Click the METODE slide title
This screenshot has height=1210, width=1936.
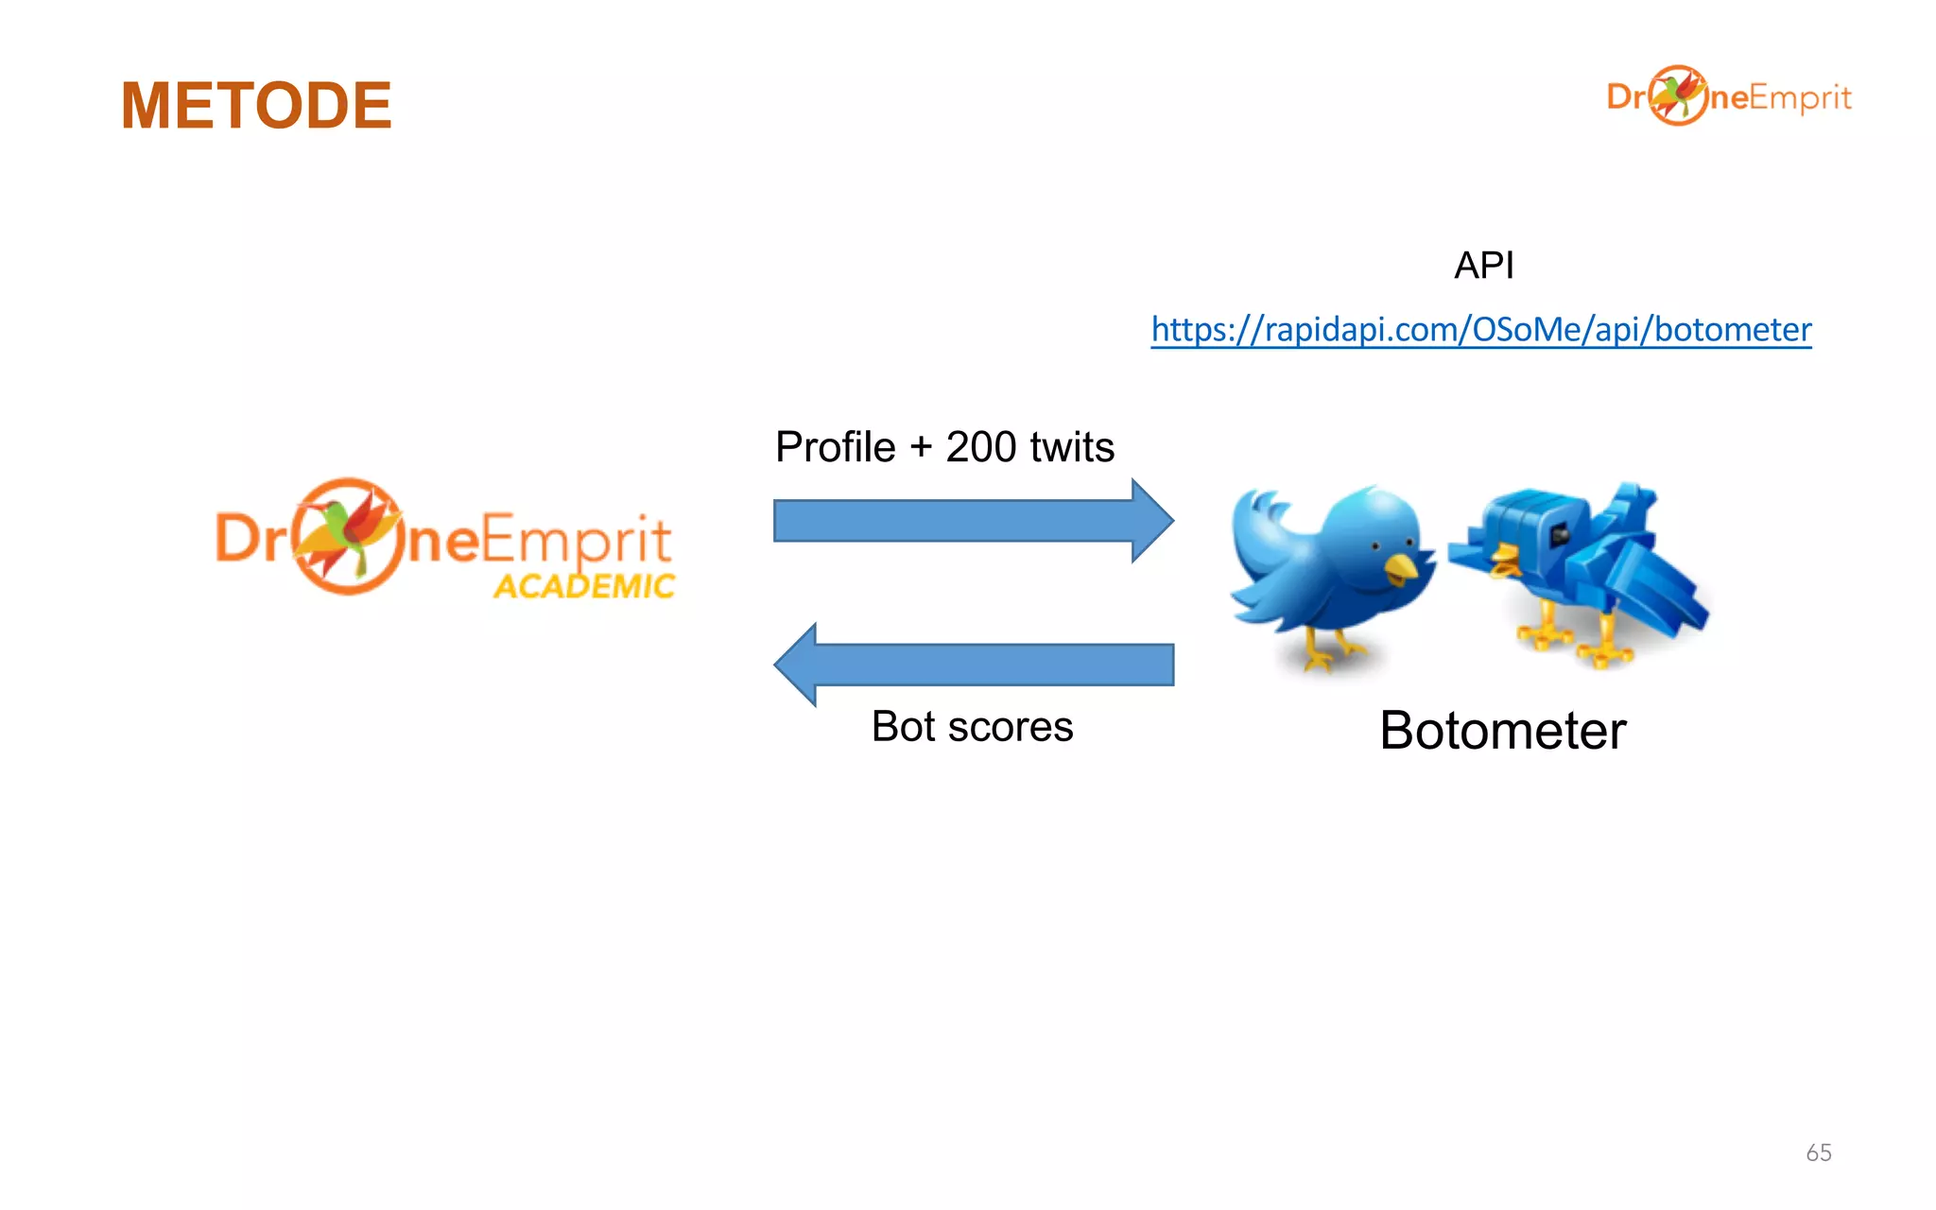pos(256,105)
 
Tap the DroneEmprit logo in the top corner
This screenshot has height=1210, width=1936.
pos(1729,95)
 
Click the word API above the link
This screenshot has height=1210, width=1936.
pos(1483,266)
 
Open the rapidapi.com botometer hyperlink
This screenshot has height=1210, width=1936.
pos(1480,329)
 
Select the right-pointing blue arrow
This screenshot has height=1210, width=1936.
pos(973,521)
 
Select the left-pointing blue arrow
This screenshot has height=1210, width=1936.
pos(973,665)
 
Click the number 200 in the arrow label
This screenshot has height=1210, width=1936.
pos(980,447)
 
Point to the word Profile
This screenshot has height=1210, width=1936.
pos(835,447)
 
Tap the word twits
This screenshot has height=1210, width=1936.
pos(1072,447)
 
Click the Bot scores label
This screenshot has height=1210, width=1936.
pos(972,727)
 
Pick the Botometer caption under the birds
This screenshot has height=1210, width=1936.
pos(1502,731)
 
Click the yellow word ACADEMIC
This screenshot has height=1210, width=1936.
pos(584,586)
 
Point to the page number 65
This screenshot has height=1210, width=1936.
pos(1818,1152)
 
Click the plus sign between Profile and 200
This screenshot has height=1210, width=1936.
pos(921,447)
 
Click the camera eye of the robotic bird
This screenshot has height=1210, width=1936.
pos(1559,536)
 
